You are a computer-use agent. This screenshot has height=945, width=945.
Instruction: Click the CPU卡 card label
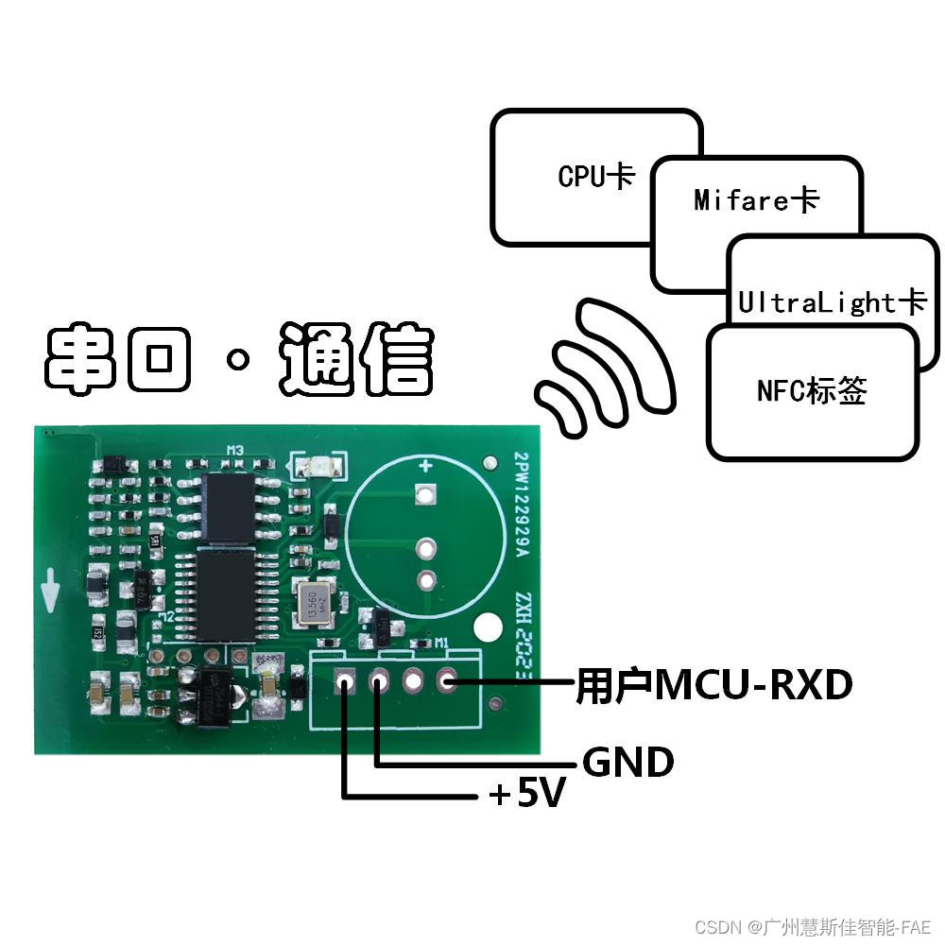[595, 176]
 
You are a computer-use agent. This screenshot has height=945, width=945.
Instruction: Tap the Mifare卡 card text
[756, 199]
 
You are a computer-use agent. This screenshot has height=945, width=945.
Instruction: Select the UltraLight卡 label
[832, 302]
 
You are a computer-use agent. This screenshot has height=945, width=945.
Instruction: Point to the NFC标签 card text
[812, 390]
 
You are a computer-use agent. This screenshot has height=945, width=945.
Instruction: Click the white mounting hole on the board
[489, 627]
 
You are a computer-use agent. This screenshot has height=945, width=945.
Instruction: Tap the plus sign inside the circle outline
[425, 465]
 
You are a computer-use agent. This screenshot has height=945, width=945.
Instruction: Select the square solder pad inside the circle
[425, 493]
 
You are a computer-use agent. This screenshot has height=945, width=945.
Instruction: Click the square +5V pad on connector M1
[345, 680]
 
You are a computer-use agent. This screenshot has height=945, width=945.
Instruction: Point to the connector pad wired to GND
[380, 680]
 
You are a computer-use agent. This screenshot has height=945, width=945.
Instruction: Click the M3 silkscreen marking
[234, 452]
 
